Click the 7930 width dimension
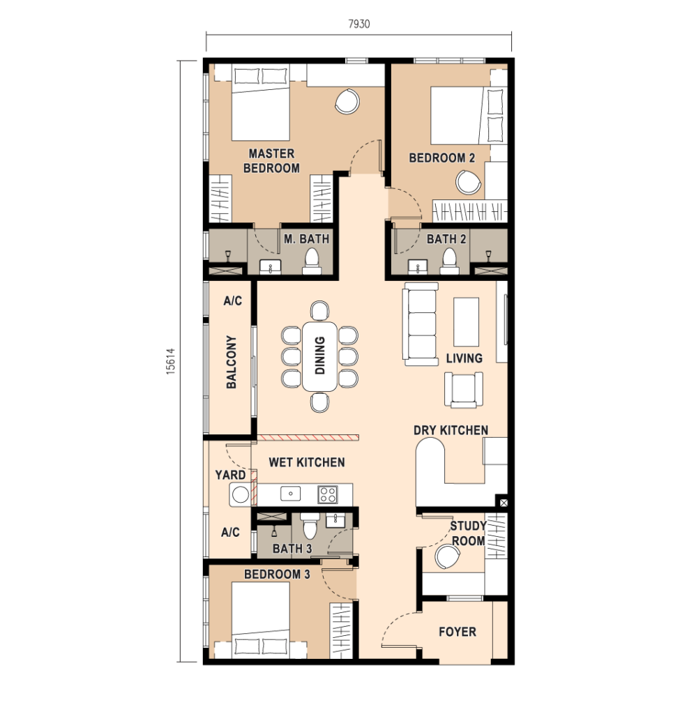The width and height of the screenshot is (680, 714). (x=359, y=24)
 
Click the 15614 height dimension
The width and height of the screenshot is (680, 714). (x=171, y=361)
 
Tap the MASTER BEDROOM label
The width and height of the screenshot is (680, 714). (x=271, y=161)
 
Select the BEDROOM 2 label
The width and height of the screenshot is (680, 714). (x=441, y=158)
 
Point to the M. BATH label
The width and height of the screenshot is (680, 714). (x=307, y=238)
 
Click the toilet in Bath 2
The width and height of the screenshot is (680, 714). (x=449, y=261)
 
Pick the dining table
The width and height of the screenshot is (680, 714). (x=319, y=356)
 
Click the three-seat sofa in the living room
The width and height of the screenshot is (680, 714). (x=421, y=324)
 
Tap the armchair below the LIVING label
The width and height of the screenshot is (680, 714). (x=464, y=390)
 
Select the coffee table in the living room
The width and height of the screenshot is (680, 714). (x=466, y=322)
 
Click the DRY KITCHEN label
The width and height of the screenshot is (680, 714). (x=451, y=430)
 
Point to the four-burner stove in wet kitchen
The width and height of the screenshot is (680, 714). (x=328, y=494)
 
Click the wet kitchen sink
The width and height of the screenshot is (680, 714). (x=290, y=494)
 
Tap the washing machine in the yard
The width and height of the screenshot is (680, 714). (x=240, y=494)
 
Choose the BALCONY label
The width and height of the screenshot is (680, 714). (x=232, y=362)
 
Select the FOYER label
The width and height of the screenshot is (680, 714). (x=458, y=632)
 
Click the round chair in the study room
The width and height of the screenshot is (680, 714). (x=447, y=557)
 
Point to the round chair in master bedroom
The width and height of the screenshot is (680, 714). (x=347, y=101)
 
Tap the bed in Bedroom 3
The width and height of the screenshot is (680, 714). (x=261, y=620)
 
